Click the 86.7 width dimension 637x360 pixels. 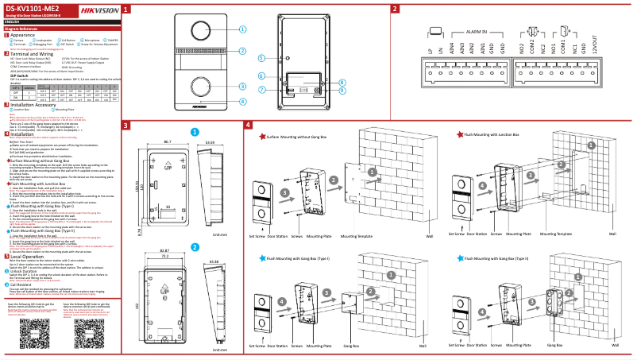168,140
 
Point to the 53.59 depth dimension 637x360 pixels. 210,140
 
